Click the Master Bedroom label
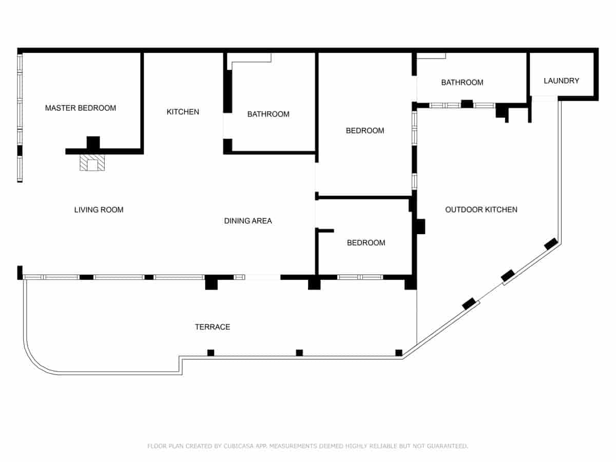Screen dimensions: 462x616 [81, 108]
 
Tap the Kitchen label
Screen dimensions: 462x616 [183, 111]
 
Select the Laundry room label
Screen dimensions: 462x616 [561, 81]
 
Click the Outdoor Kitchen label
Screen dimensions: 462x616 [481, 209]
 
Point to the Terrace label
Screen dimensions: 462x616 [213, 327]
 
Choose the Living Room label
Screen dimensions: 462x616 [99, 209]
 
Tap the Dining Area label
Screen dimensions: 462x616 [248, 221]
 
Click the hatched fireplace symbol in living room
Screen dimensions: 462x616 [92, 163]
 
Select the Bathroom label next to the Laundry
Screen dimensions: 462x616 [462, 82]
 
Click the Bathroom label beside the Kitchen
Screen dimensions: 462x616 [268, 114]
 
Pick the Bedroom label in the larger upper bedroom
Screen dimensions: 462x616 [365, 130]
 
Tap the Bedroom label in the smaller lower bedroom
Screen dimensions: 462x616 [366, 242]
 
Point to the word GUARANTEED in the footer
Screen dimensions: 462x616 [443, 446]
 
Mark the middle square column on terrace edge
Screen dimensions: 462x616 [299, 353]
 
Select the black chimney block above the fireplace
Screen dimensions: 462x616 [93, 142]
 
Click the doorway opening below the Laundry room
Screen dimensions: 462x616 [544, 99]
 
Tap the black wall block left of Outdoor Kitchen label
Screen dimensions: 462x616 [420, 226]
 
